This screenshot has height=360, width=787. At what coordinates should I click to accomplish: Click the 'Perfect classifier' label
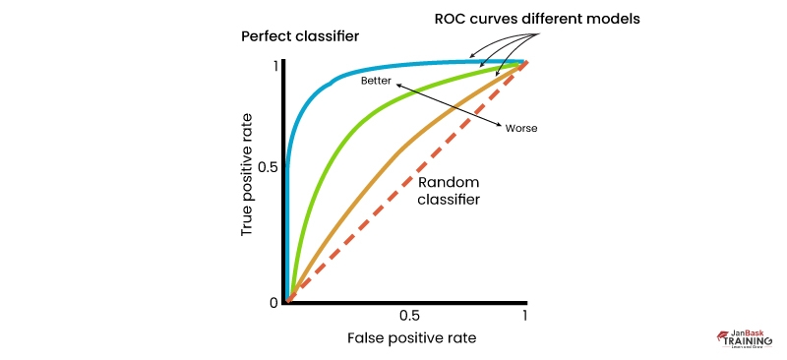300,37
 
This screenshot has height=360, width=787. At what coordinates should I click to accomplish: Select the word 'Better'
378,78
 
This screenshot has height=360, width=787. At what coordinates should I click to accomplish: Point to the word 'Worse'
520,129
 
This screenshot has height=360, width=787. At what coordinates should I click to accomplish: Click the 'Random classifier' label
450,191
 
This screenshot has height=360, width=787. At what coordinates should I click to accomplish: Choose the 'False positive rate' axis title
411,337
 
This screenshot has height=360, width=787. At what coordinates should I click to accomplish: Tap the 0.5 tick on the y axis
266,167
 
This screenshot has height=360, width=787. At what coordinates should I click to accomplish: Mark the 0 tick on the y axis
274,302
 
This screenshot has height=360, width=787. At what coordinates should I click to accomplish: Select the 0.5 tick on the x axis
411,316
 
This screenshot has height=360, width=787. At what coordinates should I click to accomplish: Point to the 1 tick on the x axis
525,316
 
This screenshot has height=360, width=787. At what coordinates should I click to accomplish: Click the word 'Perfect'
266,37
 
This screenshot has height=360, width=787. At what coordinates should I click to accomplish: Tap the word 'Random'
450,182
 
